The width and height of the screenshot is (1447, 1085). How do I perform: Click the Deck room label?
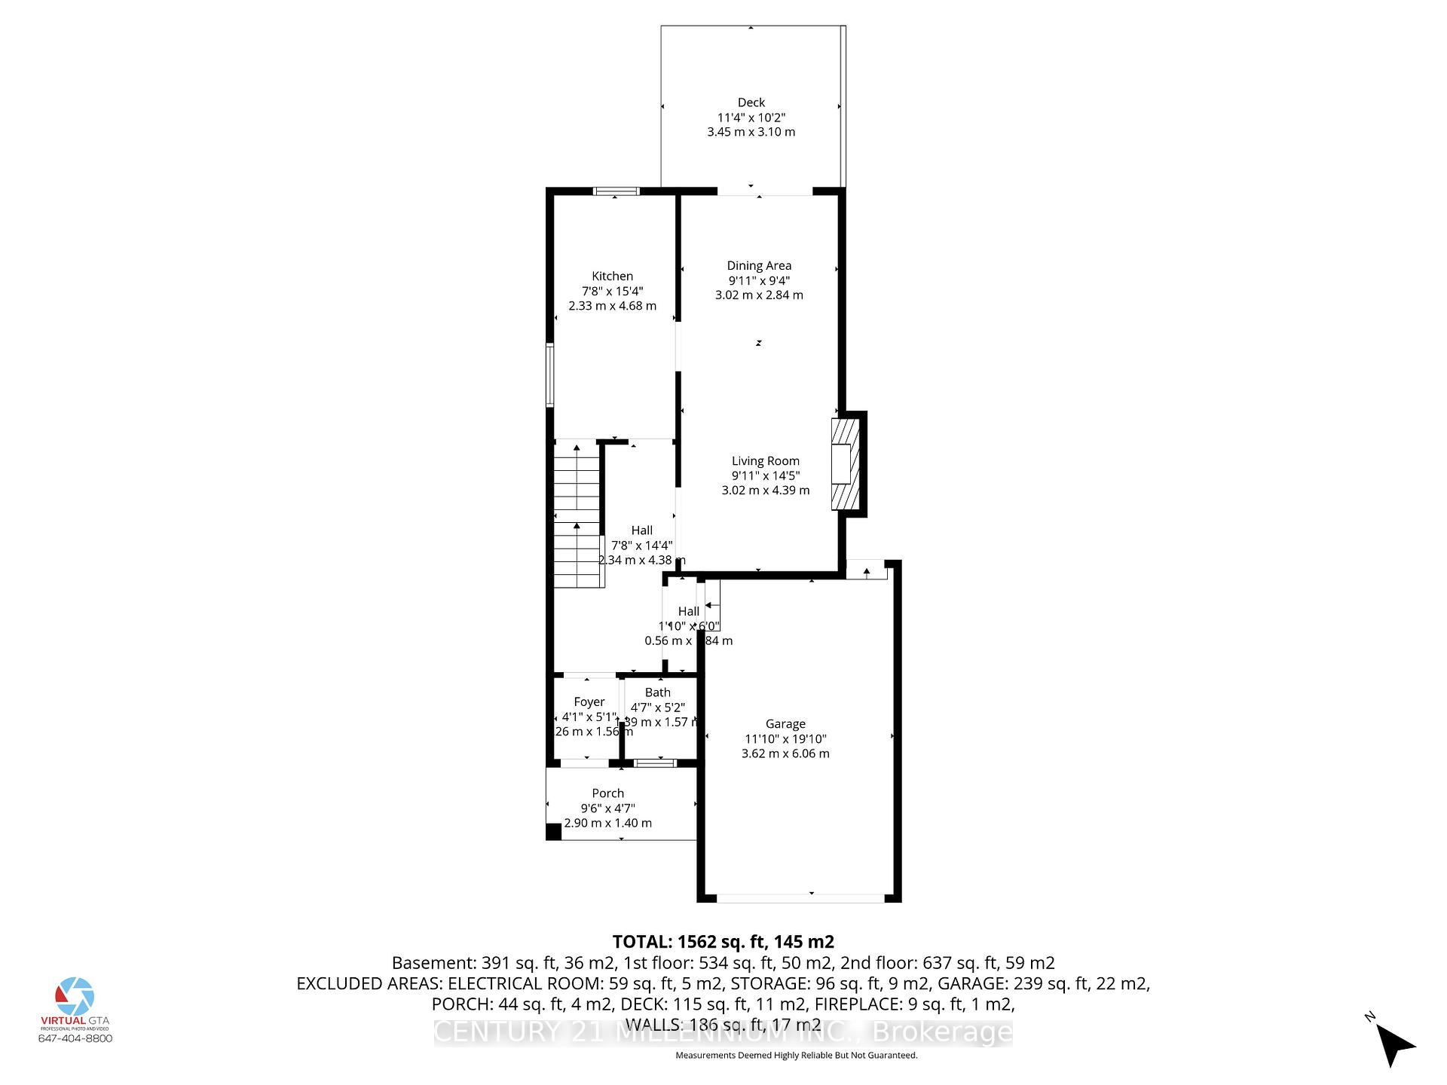click(751, 102)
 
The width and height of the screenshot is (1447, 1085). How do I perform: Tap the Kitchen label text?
click(612, 277)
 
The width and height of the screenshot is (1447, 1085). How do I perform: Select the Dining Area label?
click(759, 265)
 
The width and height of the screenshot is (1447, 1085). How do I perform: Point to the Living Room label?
click(765, 461)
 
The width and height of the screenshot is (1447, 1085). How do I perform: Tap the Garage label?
click(785, 724)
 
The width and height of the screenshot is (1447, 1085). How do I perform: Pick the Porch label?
click(607, 793)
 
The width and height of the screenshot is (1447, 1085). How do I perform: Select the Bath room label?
click(657, 692)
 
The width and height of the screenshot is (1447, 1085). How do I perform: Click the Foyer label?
click(589, 702)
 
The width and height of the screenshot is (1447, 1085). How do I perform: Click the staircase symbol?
click(578, 516)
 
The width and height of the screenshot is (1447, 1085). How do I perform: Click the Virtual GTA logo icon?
click(75, 996)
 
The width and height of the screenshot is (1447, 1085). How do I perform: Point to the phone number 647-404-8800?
click(75, 1038)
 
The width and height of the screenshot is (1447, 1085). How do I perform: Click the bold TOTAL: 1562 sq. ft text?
click(723, 942)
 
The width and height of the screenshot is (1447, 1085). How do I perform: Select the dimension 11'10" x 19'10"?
click(785, 739)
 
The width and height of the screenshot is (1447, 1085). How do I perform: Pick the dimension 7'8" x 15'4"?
click(612, 292)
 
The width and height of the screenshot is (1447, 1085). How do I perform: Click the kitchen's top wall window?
click(616, 191)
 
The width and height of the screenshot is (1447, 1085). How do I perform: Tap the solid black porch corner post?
click(553, 832)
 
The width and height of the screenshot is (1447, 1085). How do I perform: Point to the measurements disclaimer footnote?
click(796, 1056)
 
